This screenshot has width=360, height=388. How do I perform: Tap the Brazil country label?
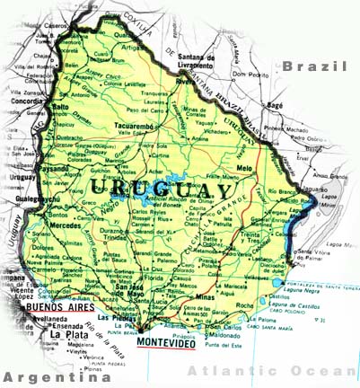(313, 66)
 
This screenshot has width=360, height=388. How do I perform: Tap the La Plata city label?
(68, 335)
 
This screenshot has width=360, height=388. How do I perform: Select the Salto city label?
(61, 107)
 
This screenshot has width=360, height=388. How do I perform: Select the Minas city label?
(208, 295)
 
